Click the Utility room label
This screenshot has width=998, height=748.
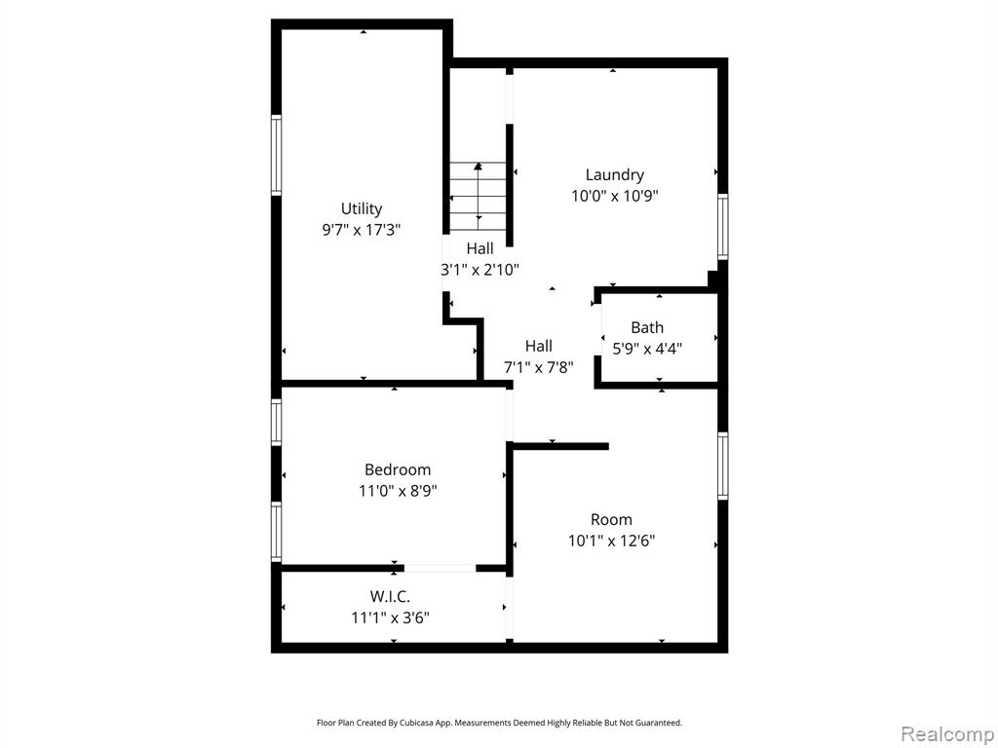point(362,208)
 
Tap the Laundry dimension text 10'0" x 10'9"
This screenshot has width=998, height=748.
point(614,195)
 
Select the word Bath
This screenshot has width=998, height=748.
point(647,327)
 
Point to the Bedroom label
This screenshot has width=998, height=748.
point(398,470)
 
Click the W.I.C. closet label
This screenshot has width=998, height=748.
point(390,597)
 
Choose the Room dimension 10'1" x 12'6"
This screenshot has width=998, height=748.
point(611,541)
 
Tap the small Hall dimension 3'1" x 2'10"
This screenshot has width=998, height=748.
point(480,270)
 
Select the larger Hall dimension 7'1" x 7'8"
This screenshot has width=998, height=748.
point(538,367)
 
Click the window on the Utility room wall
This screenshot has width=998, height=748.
point(276,155)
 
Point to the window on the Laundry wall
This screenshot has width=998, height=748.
point(723,226)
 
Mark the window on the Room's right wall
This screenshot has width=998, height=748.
point(723,466)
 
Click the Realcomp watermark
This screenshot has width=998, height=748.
point(947,733)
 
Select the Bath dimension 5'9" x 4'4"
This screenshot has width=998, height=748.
point(647,349)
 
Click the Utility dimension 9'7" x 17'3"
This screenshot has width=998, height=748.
point(362,230)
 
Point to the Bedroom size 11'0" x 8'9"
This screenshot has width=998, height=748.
point(398,491)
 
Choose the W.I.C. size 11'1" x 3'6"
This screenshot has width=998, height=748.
point(390,617)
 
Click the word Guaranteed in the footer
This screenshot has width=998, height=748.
point(659,723)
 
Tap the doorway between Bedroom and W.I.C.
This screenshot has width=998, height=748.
point(440,568)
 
